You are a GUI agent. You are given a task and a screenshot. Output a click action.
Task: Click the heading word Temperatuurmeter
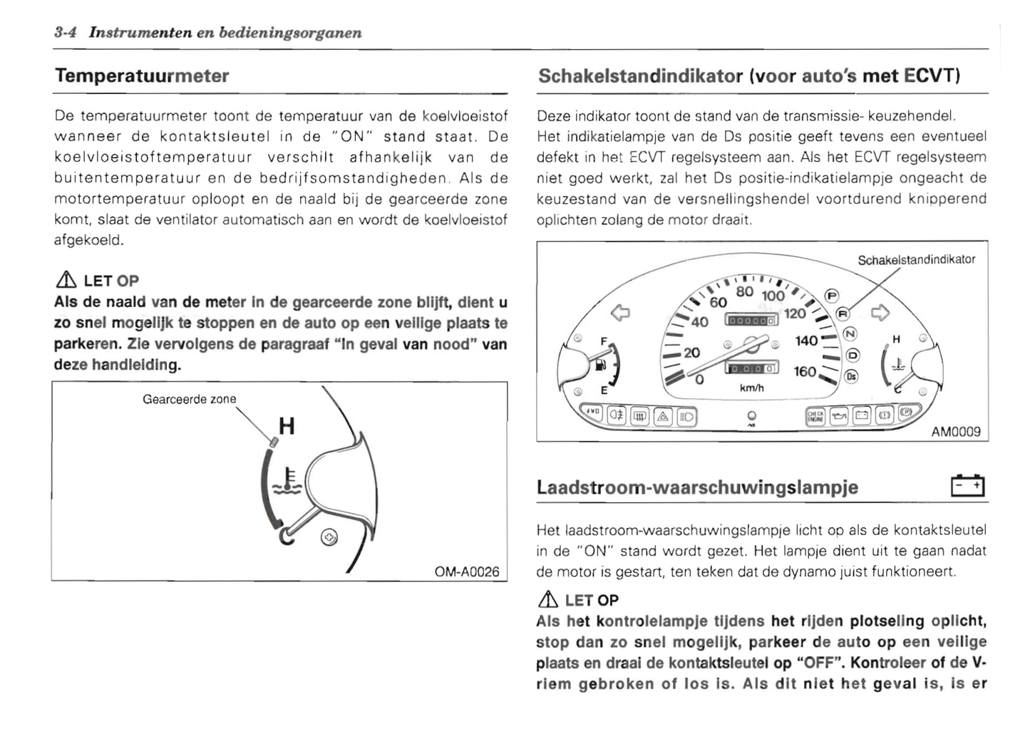142,76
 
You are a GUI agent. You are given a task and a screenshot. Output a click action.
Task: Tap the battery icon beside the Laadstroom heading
967,486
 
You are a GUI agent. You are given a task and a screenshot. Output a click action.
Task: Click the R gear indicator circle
843,313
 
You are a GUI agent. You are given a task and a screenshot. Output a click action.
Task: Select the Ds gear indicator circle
851,376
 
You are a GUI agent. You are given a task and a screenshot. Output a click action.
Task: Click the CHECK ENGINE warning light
815,416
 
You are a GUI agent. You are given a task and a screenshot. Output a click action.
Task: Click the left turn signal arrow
622,312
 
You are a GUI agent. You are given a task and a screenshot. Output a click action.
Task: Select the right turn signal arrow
880,312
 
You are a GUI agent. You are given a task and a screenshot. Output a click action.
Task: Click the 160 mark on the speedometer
805,371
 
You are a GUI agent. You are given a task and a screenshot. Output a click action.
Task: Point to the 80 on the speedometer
744,291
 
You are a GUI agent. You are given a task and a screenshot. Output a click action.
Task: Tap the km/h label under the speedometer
751,388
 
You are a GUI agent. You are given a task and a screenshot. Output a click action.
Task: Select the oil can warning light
838,416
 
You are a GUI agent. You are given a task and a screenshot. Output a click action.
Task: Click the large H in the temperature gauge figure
286,427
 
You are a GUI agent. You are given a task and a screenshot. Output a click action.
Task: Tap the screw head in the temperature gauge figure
330,536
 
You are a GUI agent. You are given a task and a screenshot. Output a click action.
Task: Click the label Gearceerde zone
189,399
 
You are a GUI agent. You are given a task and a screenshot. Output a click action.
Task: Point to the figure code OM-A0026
467,571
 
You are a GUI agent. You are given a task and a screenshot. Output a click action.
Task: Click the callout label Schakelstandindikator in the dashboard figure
916,259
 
